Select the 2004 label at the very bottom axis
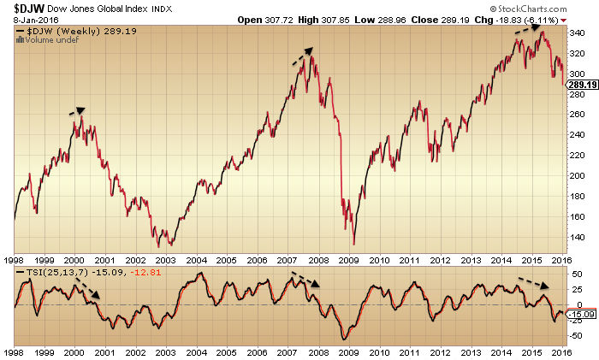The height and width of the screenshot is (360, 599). pos(196,352)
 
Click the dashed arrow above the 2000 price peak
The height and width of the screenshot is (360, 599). pos(77,109)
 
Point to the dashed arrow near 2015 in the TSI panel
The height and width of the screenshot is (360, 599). pos(536,284)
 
